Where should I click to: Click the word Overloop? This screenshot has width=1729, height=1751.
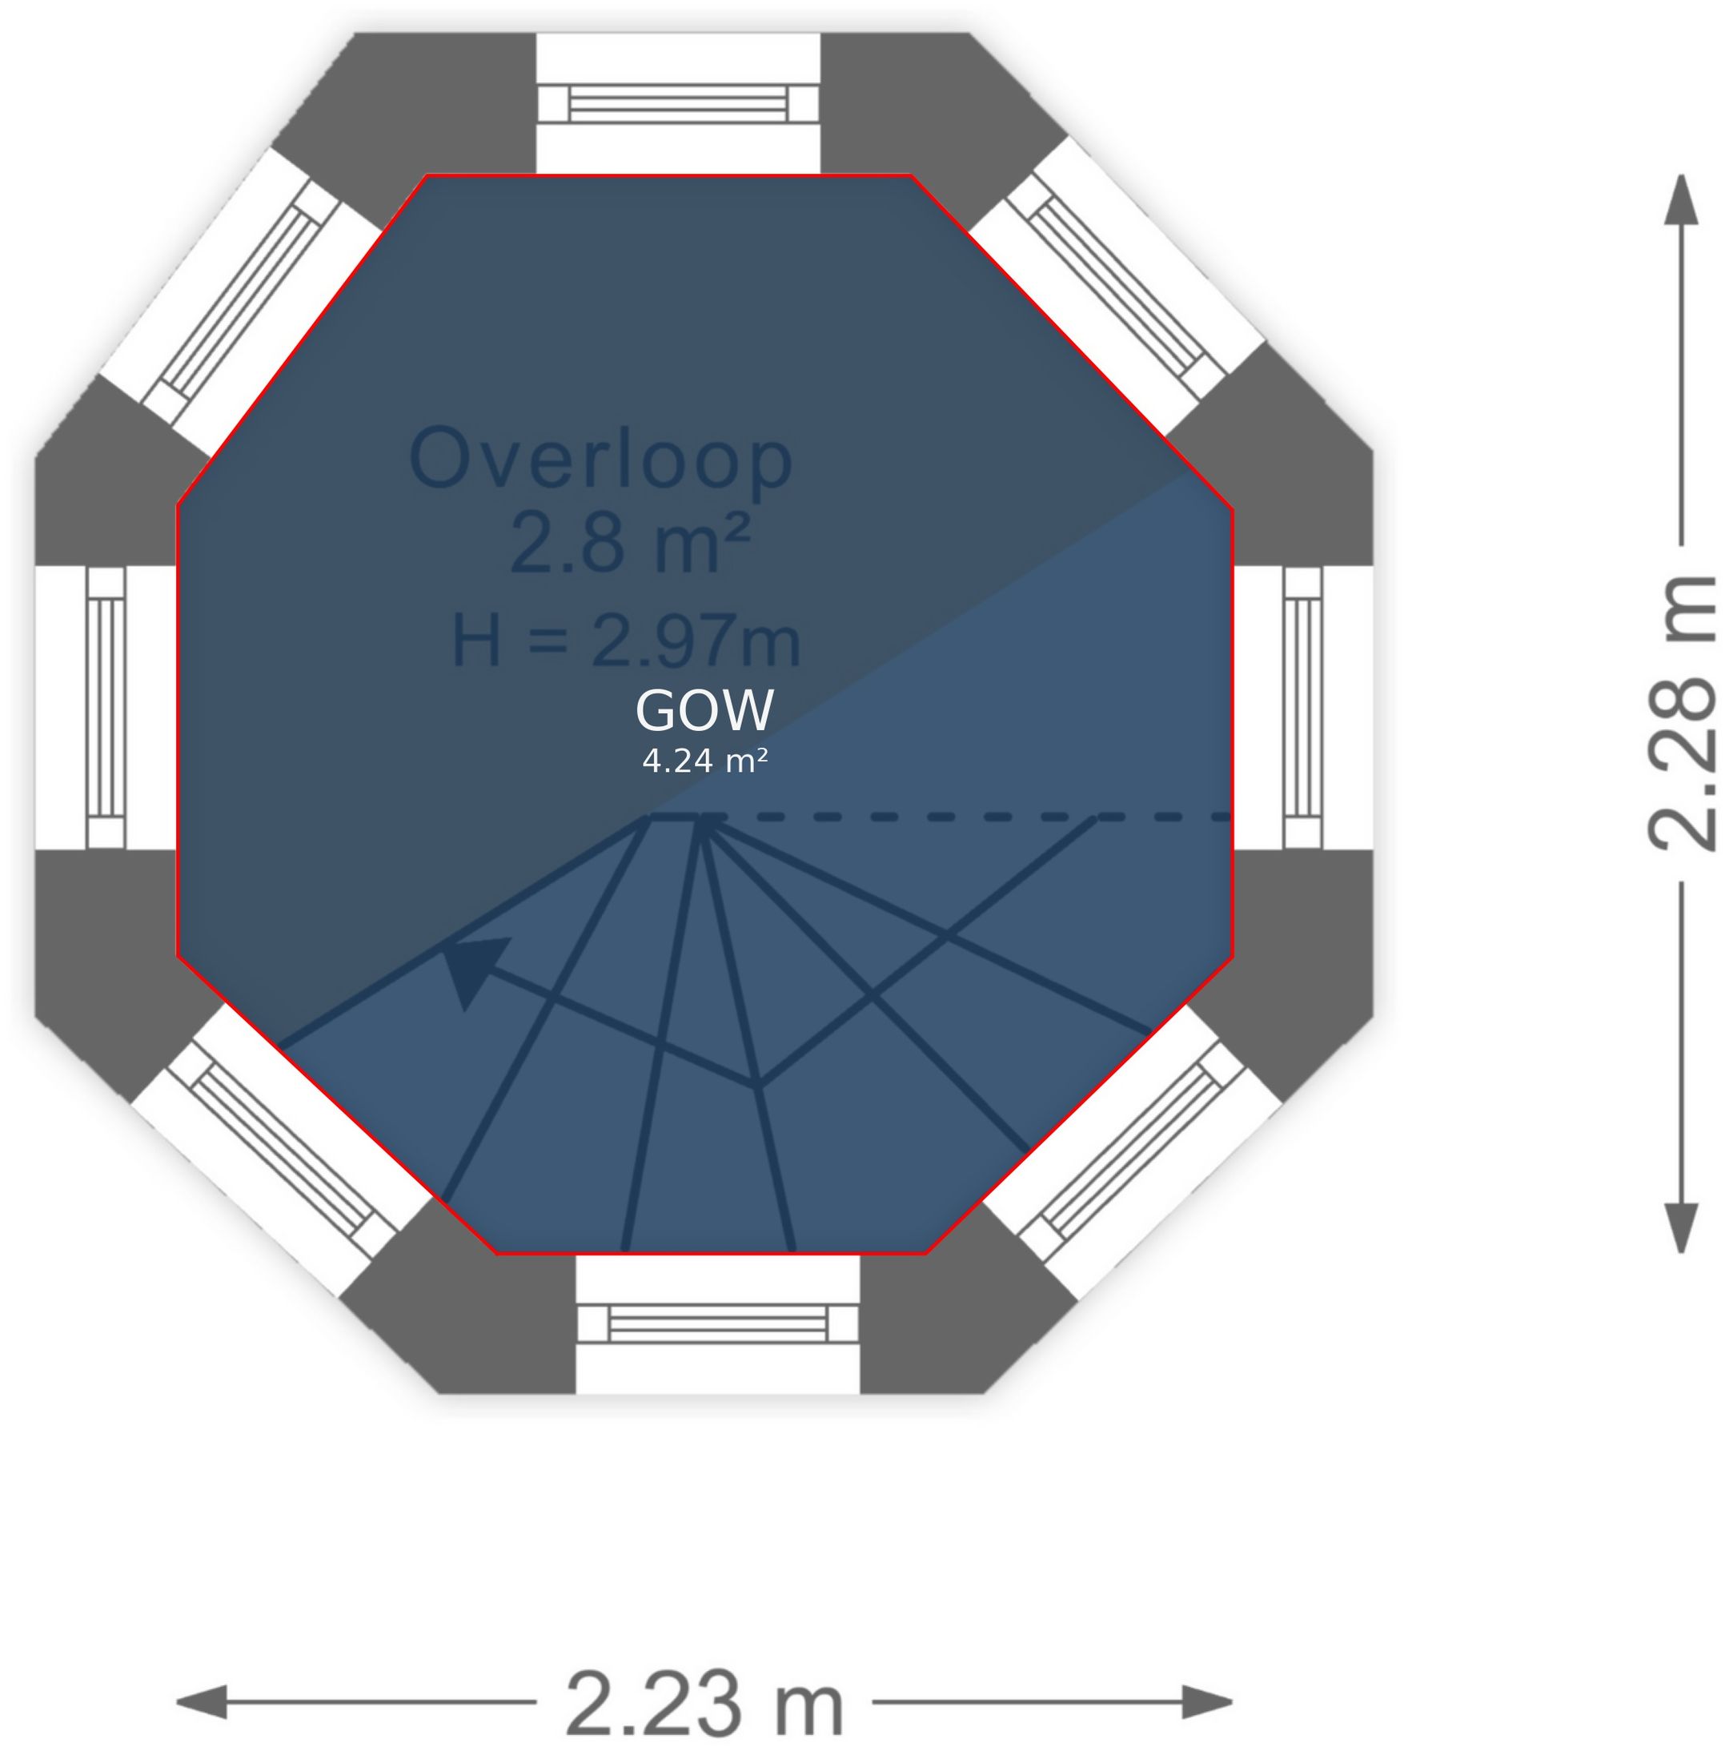601,460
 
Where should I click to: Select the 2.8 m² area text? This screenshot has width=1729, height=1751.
630,543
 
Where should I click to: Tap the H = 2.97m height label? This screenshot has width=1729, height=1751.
625,641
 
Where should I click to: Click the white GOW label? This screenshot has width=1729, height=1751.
704,709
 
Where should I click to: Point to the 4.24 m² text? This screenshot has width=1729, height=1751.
704,761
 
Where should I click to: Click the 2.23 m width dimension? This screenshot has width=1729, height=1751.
704,1701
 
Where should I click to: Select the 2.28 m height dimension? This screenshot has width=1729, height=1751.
1681,713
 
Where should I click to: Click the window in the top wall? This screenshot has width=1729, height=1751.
678,103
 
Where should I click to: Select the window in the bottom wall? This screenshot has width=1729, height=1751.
716,1323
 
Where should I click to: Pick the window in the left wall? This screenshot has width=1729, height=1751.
106,708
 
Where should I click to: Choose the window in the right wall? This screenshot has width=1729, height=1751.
1303,708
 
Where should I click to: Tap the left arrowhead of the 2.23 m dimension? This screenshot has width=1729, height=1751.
200,1701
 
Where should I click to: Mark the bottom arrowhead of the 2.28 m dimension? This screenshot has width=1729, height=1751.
1681,1229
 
